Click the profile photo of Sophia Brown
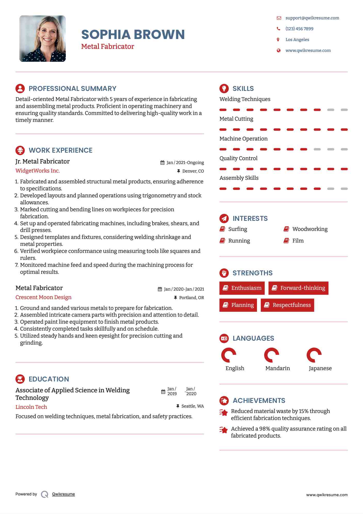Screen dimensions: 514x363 click(x=43, y=38)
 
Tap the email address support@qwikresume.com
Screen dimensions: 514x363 click(x=312, y=18)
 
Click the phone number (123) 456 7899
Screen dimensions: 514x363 click(x=299, y=29)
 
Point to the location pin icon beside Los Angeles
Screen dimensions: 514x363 click(x=278, y=40)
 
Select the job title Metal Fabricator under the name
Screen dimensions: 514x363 click(x=108, y=46)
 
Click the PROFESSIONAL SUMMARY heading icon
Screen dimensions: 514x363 click(x=20, y=88)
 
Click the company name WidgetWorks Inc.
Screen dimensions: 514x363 click(x=38, y=171)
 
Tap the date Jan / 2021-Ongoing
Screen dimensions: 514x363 click(x=185, y=162)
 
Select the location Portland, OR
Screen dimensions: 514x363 click(x=191, y=298)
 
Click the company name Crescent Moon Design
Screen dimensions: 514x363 click(x=43, y=297)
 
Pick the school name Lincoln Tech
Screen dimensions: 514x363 click(x=31, y=407)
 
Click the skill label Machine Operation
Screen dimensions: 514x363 click(x=243, y=139)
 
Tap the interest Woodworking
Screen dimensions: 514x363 click(x=310, y=229)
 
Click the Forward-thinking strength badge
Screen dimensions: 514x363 click(x=298, y=288)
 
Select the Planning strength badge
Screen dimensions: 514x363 click(x=238, y=305)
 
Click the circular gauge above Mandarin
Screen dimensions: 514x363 click(x=271, y=355)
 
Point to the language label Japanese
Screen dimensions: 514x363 click(x=320, y=368)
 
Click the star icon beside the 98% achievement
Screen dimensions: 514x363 click(x=224, y=430)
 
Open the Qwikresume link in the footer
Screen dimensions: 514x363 click(x=63, y=494)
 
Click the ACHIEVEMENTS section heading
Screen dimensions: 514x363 click(x=259, y=401)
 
